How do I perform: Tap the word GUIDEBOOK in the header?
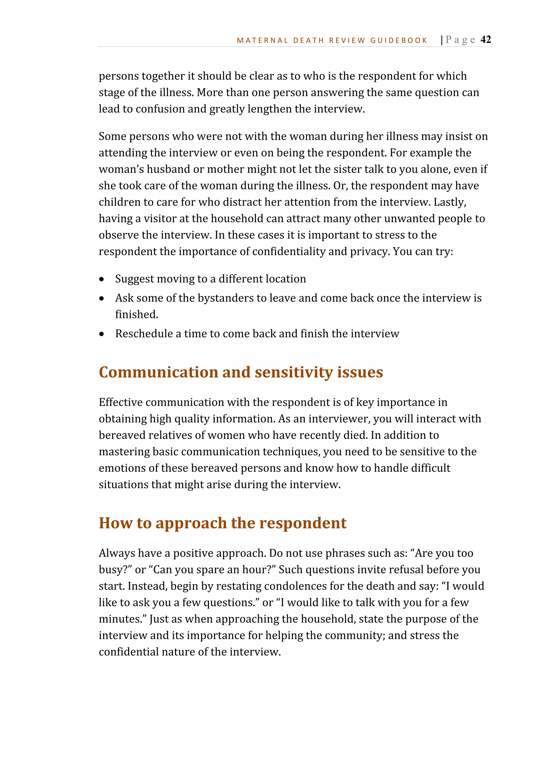tap(399, 41)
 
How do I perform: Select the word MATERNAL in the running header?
tap(262, 41)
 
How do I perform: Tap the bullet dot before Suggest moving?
tap(101, 279)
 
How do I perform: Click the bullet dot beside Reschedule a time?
tap(101, 334)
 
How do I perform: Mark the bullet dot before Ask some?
tap(101, 298)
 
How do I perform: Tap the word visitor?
tap(160, 218)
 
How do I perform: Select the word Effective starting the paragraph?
tap(121, 402)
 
